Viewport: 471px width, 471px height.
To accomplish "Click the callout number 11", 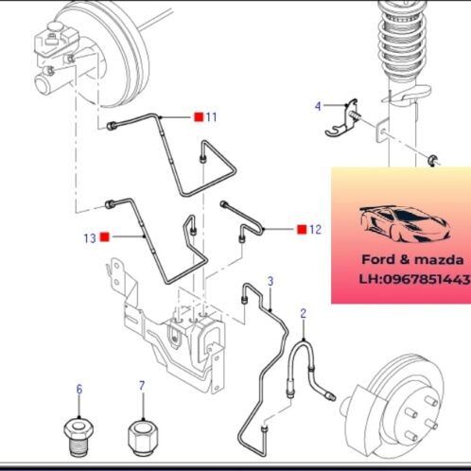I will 212,117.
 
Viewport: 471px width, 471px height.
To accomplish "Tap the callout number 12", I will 316,230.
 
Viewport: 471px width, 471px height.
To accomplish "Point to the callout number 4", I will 318,106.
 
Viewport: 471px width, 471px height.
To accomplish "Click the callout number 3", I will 270,282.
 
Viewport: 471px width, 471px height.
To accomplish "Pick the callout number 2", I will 304,313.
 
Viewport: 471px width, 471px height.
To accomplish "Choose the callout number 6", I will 79,388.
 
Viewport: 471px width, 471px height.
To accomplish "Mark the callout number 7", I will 141,386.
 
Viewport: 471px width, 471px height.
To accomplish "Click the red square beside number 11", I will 199,117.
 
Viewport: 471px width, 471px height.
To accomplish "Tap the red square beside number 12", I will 302,230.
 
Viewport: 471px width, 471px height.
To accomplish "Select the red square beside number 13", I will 105,238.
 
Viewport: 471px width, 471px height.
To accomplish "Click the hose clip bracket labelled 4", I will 341,119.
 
